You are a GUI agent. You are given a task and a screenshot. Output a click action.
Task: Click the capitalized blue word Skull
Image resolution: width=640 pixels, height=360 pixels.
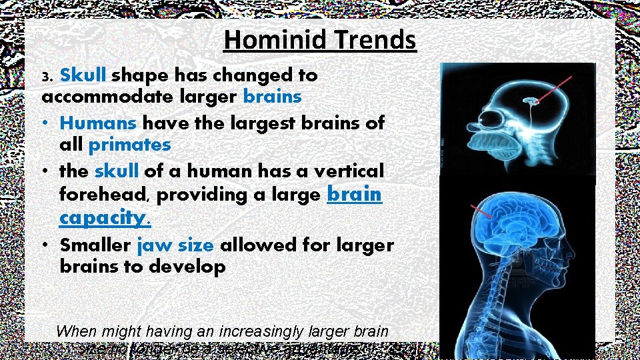coord(85,75)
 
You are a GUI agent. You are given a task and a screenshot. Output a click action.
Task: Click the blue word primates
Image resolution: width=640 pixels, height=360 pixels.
coord(129,145)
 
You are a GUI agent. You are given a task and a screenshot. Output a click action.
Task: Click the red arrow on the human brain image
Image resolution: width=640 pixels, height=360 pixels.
coord(482,212)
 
